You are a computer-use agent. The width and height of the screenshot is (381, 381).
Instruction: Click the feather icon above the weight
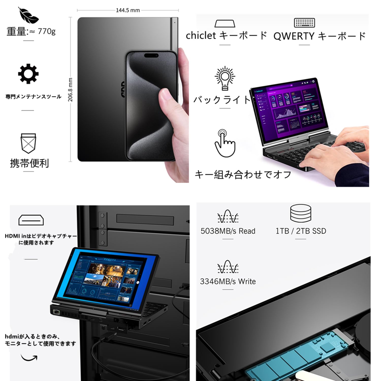[x=28, y=15]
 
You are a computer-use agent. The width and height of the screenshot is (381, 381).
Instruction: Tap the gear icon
[x=28, y=74]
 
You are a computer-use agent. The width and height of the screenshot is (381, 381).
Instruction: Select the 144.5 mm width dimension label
[x=128, y=10]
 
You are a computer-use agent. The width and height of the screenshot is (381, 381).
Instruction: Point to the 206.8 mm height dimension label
[x=70, y=90]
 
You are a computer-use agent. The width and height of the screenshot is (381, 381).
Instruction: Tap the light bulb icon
[x=225, y=78]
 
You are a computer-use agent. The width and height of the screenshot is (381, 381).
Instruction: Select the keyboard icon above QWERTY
[x=304, y=23]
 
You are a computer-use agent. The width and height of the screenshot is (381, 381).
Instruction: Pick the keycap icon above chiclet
[x=225, y=24]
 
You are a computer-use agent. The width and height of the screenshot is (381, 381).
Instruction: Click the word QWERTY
[x=294, y=36]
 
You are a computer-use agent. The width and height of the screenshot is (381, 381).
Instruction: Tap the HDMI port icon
[x=31, y=220]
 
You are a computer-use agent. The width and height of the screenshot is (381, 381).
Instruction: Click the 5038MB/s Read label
[x=228, y=231]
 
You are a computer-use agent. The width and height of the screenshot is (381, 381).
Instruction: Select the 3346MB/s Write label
[x=228, y=281]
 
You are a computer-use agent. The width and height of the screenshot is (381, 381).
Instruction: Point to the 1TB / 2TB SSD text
[x=301, y=231]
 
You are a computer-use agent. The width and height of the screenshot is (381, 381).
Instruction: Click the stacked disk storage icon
[x=301, y=213]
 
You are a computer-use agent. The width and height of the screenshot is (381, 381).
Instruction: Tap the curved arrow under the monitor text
[x=29, y=358]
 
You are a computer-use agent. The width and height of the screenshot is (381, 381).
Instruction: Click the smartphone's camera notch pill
[x=151, y=55]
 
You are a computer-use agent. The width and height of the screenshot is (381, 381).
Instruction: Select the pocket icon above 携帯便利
[x=28, y=143]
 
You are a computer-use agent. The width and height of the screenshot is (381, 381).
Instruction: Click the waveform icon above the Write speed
[x=228, y=267]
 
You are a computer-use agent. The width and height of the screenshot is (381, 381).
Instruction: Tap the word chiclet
[x=201, y=36]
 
